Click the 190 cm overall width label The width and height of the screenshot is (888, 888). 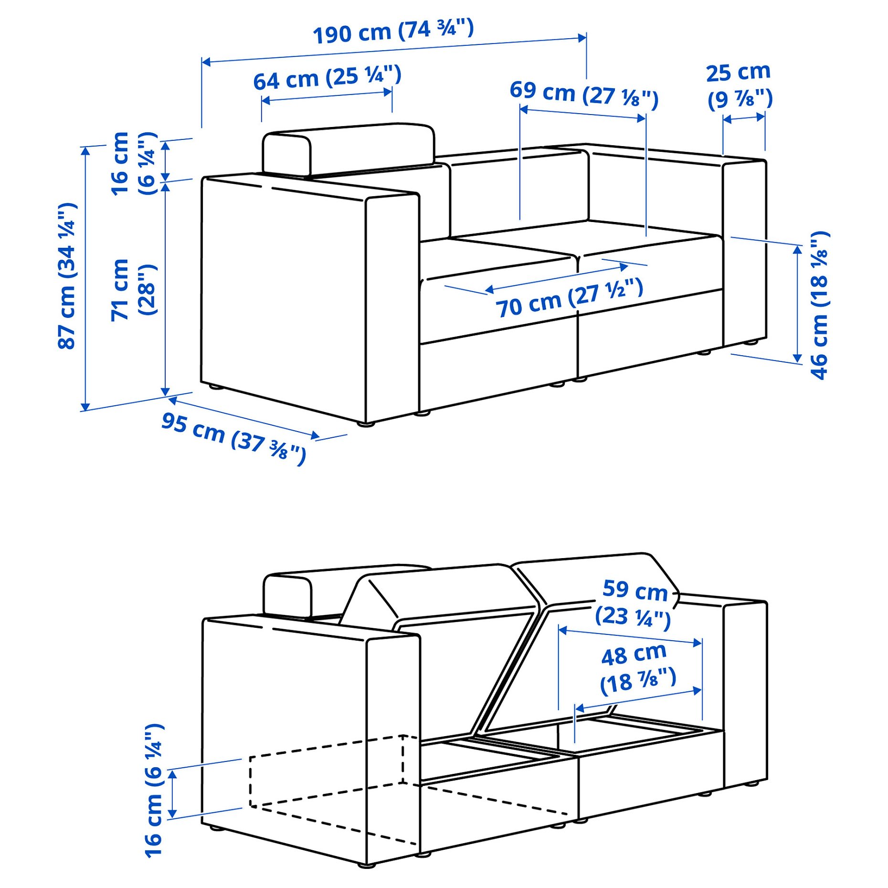click(393, 32)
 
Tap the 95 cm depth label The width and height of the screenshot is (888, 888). click(233, 437)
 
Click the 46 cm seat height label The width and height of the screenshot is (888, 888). click(819, 306)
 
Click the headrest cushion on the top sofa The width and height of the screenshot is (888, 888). click(349, 149)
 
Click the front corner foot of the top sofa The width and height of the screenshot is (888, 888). click(366, 423)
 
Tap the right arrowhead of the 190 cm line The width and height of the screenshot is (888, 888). click(582, 38)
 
